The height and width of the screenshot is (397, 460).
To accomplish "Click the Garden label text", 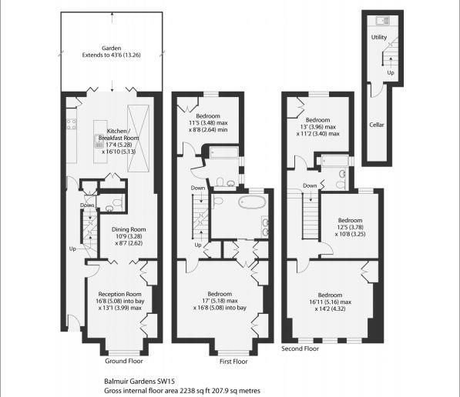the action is pyautogui.click(x=112, y=48).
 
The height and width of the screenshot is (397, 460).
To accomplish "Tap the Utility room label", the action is pyautogui.click(x=379, y=37).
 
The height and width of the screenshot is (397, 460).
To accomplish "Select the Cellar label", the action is pyautogui.click(x=377, y=125).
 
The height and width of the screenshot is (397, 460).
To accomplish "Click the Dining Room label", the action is pyautogui.click(x=129, y=229).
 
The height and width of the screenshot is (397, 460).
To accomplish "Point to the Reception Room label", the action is pyautogui.click(x=119, y=294).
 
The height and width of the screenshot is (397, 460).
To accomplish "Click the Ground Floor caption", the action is pyautogui.click(x=124, y=361).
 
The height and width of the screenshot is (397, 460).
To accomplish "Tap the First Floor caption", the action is pyautogui.click(x=233, y=362).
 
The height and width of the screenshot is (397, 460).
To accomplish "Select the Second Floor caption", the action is pyautogui.click(x=300, y=349).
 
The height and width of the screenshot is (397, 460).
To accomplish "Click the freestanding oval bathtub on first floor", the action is pyautogui.click(x=252, y=202).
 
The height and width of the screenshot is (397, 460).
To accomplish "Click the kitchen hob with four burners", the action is pyautogui.click(x=72, y=124).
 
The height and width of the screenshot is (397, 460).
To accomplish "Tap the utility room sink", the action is pyautogui.click(x=383, y=21).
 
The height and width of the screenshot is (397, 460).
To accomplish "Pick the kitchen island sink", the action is pyautogui.click(x=99, y=142).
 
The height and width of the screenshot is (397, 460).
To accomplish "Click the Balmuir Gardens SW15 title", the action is pyautogui.click(x=139, y=381).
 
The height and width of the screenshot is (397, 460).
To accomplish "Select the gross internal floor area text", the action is pyautogui.click(x=182, y=391).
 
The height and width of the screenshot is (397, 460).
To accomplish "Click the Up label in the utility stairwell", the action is pyautogui.click(x=391, y=72).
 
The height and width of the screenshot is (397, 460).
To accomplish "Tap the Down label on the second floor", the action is pyautogui.click(x=310, y=185).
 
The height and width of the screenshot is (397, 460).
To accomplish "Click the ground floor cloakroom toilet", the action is pyautogui.click(x=117, y=202).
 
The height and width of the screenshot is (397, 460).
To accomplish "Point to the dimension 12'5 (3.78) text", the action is pyautogui.click(x=351, y=228).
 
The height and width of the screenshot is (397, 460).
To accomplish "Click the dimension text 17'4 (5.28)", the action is pyautogui.click(x=120, y=145).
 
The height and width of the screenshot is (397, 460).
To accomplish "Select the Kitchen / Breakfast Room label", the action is pyautogui.click(x=118, y=135).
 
